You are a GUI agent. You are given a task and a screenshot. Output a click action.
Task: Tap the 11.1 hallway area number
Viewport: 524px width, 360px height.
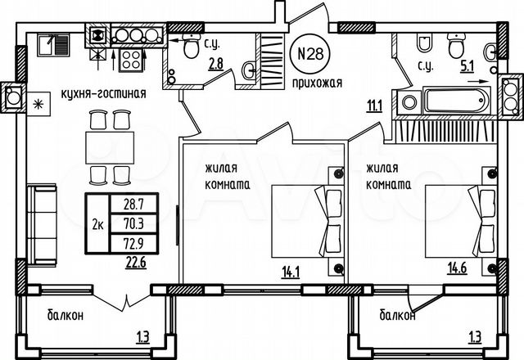click(375, 103)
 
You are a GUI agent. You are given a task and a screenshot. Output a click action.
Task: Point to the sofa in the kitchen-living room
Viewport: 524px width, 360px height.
click(40, 223)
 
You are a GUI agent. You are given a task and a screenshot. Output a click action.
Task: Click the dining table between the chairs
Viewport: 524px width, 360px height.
click(110, 148)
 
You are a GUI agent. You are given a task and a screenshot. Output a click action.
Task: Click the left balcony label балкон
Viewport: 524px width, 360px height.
click(64, 315)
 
